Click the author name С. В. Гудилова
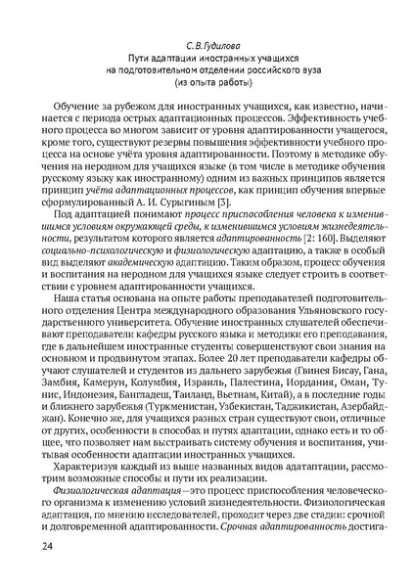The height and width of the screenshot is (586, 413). click(x=206, y=45)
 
